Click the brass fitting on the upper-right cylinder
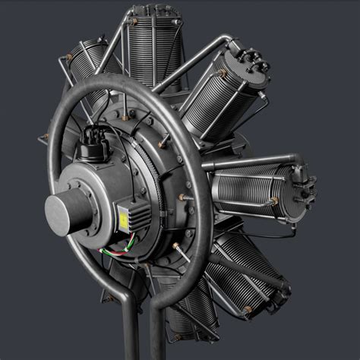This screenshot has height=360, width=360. [x=222, y=74]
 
